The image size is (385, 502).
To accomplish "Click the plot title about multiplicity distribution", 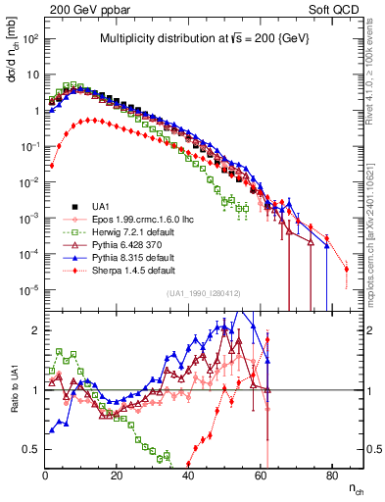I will click(x=205, y=39).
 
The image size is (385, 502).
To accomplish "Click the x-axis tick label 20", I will click(x=117, y=476).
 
